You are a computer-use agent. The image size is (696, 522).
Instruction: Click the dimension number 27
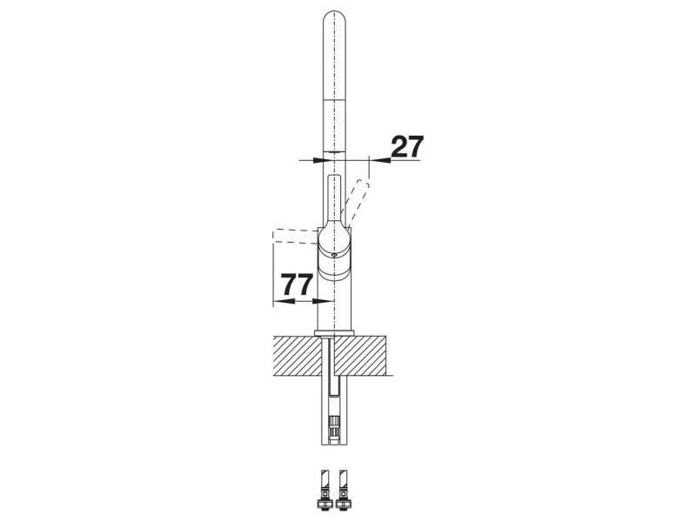pos(407,146)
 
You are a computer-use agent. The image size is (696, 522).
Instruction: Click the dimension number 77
pos(298,284)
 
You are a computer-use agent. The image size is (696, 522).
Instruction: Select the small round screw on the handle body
pos(334,255)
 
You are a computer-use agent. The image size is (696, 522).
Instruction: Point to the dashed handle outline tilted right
pos(358,201)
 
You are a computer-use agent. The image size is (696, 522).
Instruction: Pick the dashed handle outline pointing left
pos(295,236)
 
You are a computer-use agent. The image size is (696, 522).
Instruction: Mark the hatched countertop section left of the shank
pos(297,356)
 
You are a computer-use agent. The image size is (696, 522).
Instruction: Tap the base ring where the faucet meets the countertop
pos(334,333)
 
